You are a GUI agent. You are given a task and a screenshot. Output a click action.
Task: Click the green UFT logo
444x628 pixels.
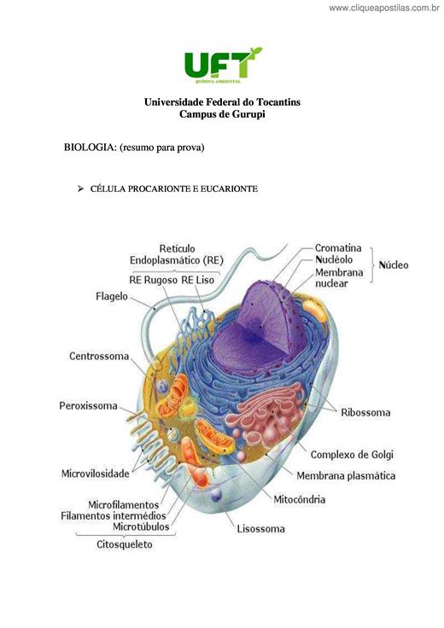(223, 65)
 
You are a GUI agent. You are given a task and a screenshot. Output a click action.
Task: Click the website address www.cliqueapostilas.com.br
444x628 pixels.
(384, 8)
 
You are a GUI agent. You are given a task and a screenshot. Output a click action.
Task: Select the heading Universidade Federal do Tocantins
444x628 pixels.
(222, 102)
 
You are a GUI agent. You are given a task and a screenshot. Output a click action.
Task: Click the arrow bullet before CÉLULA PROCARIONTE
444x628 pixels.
(80, 189)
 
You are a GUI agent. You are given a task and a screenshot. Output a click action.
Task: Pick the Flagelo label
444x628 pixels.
(111, 296)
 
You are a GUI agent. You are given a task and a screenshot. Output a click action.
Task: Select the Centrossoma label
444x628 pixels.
(99, 356)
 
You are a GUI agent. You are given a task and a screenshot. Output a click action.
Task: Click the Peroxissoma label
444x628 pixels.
(88, 405)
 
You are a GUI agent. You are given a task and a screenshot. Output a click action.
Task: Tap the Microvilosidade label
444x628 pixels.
(95, 474)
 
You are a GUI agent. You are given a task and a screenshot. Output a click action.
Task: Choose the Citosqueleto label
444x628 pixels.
(124, 544)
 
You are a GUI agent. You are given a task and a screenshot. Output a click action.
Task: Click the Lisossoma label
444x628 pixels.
(261, 529)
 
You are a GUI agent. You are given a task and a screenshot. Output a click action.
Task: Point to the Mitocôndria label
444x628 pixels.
(300, 499)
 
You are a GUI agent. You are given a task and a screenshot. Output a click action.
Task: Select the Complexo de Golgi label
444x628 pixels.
(352, 455)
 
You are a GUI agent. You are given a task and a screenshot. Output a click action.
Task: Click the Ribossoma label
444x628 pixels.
(365, 412)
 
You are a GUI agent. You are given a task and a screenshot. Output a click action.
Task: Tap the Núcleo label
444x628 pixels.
(394, 265)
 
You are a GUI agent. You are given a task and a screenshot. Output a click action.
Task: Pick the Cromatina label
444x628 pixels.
(338, 248)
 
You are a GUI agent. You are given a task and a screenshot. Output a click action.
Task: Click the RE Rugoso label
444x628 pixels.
(153, 280)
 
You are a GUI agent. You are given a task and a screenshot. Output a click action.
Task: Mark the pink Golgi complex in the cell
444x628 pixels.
(266, 412)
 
